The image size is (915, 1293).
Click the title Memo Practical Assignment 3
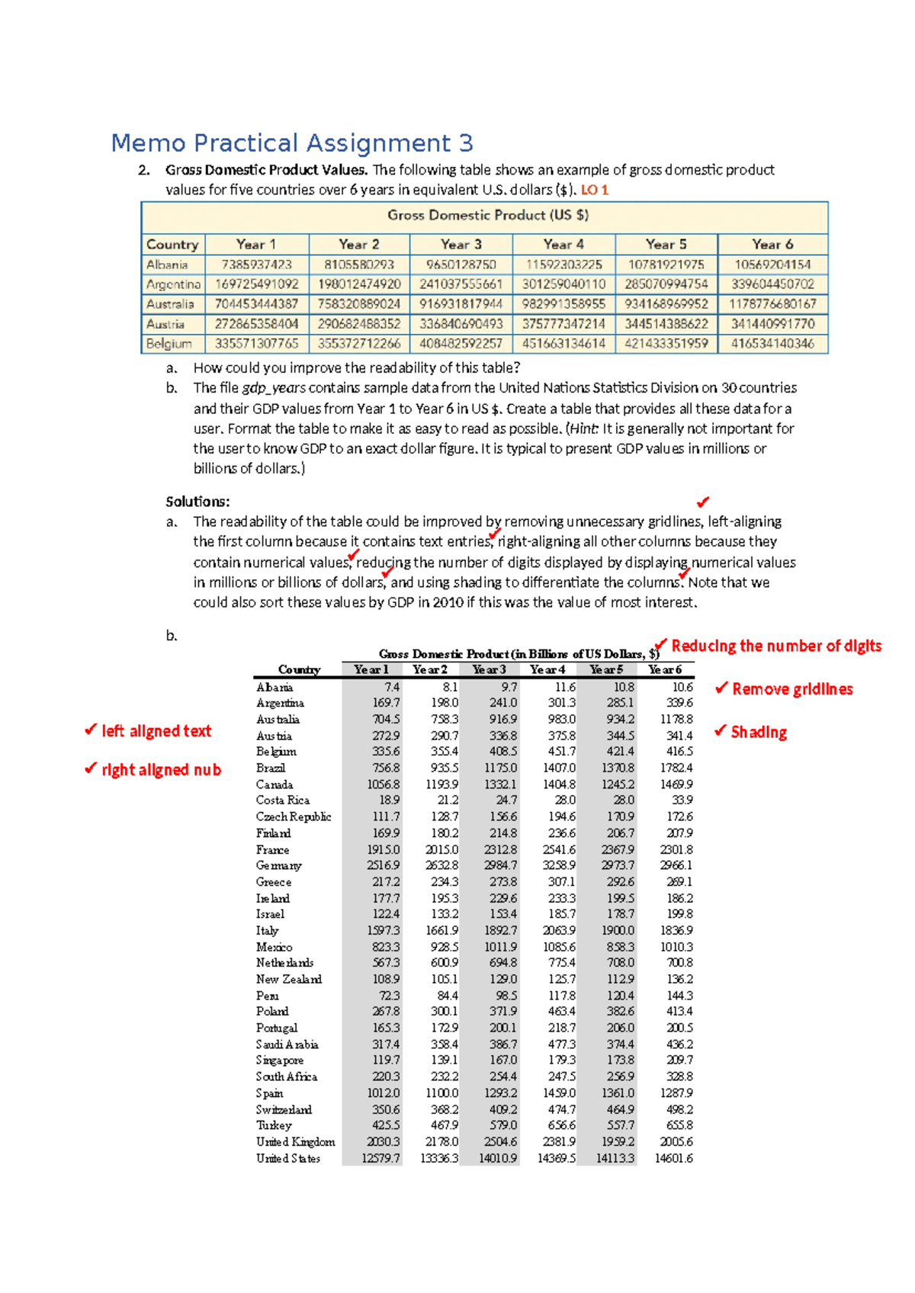[x=292, y=143]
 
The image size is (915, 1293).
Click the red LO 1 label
[x=595, y=190]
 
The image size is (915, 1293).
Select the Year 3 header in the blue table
[x=461, y=245]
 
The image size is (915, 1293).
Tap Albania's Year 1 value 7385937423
[x=256, y=265]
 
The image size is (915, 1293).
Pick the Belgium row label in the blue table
[x=169, y=344]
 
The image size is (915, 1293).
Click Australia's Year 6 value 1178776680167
[x=772, y=304]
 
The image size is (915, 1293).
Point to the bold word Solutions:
[x=197, y=502]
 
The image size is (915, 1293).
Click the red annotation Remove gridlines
[x=792, y=689]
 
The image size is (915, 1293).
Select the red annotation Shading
[x=759, y=733]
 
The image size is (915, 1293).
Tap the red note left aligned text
[x=156, y=731]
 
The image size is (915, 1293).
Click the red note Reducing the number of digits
[x=776, y=646]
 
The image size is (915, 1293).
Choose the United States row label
[x=288, y=1159]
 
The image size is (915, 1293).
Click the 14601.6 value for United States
[x=674, y=1159]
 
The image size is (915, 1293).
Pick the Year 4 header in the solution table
[x=547, y=669]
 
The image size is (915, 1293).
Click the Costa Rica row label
[x=283, y=801]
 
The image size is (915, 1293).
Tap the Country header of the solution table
[x=299, y=669]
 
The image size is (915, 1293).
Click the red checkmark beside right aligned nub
[x=91, y=768]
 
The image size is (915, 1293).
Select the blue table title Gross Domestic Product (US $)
[x=488, y=216]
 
